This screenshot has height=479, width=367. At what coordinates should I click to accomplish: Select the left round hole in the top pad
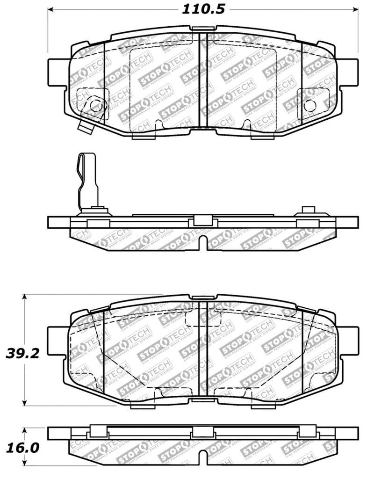(x=96, y=105)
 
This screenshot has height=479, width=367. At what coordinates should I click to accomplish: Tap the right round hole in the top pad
(x=309, y=105)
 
